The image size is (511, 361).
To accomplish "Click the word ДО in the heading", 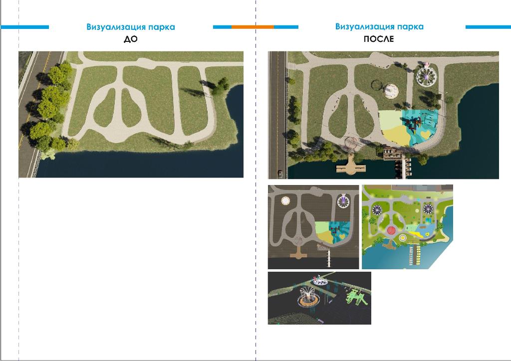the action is [x=131, y=39].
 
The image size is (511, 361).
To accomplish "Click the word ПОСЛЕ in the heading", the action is [x=379, y=39].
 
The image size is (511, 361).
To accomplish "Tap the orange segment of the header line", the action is [x=253, y=27].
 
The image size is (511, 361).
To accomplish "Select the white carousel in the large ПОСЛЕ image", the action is [x=427, y=76].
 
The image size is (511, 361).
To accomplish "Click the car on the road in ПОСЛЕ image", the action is [x=280, y=174].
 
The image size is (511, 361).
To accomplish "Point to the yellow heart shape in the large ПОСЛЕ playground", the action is [x=425, y=134].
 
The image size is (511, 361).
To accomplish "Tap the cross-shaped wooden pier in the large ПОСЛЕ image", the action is [x=351, y=166].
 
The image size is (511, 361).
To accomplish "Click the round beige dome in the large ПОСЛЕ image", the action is [x=390, y=91].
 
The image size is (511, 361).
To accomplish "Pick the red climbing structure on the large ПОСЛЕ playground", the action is [x=413, y=123].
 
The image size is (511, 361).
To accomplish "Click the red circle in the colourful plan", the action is [x=391, y=231].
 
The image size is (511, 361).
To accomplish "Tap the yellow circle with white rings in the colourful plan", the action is [x=403, y=238].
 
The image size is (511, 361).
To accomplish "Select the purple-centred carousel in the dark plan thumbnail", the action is [x=343, y=201].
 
